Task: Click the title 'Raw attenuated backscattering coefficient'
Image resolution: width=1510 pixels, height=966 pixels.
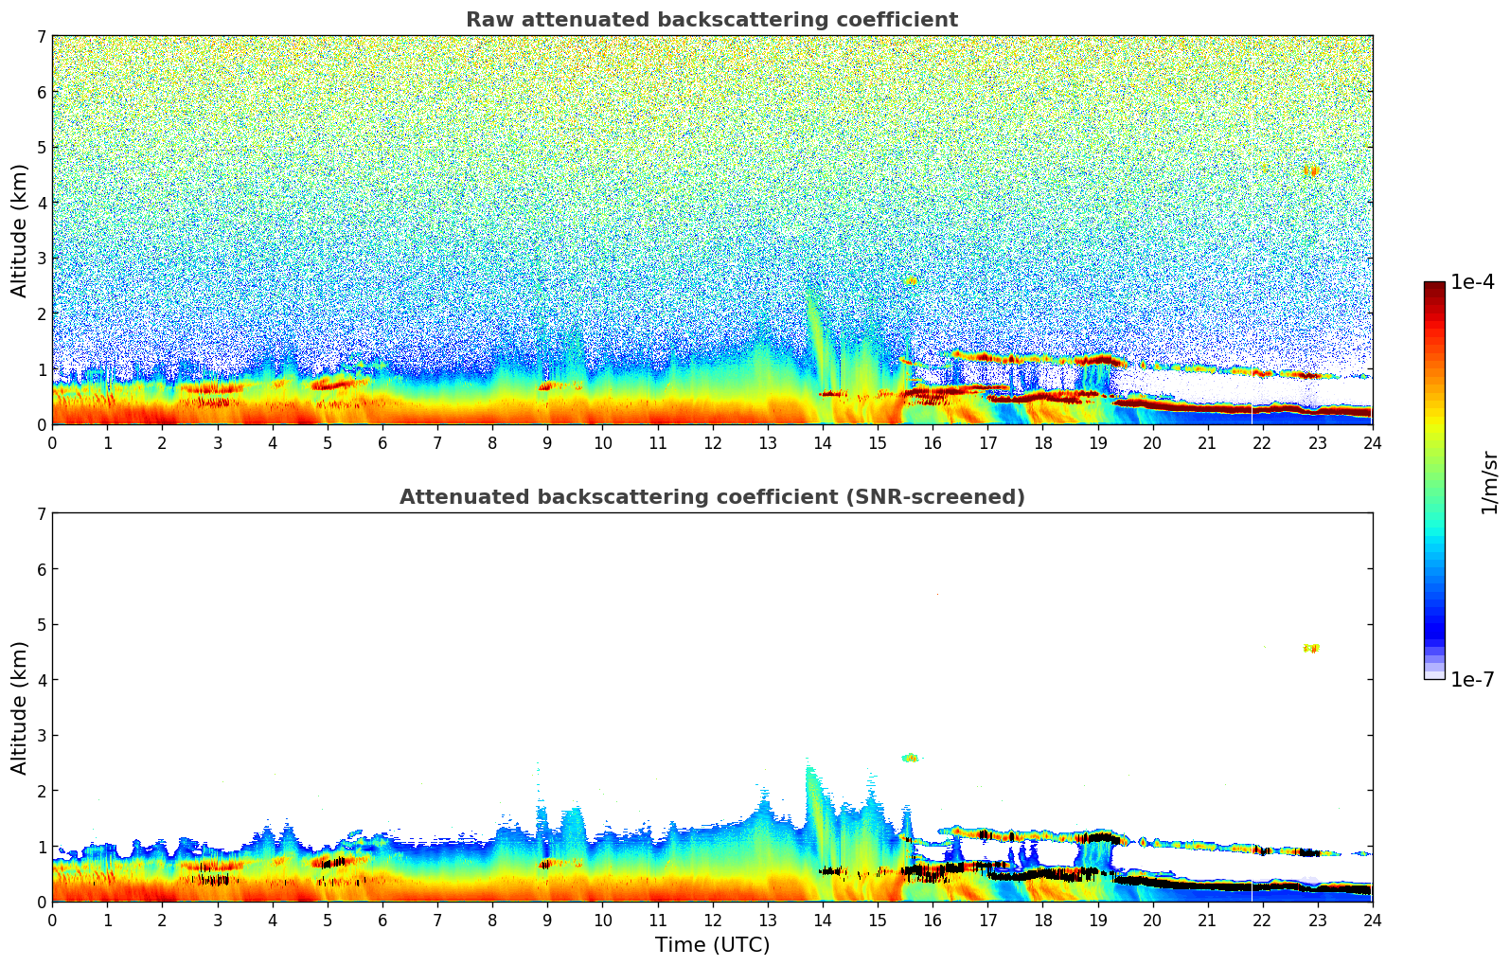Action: coord(711,20)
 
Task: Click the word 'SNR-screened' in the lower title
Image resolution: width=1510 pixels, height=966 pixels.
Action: coord(947,497)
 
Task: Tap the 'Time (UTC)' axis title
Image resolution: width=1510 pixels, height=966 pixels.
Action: coord(712,945)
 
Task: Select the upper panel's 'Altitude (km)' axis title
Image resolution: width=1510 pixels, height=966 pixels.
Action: coord(20,230)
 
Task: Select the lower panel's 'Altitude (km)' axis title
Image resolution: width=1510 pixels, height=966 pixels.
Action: coord(20,707)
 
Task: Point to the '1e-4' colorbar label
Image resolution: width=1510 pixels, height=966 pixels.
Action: coord(1472,282)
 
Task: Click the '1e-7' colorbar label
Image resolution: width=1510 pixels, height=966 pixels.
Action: coord(1472,679)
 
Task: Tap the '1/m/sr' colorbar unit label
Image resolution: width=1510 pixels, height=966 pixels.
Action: coord(1489,481)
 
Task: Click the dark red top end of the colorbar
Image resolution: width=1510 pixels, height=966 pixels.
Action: coord(1434,286)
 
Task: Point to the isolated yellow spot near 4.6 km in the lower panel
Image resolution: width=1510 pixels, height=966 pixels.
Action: coord(1311,648)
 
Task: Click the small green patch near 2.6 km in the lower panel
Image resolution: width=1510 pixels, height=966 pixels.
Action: coord(910,758)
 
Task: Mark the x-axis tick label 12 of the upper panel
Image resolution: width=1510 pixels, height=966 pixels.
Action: coord(712,442)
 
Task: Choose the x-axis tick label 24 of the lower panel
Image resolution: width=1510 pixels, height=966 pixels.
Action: coord(1372,920)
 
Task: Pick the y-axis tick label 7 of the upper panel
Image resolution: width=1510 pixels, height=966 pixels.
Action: coord(42,37)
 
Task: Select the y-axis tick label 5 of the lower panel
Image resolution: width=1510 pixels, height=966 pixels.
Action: coord(42,625)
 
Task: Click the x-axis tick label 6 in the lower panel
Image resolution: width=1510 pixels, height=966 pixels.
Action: coord(382,920)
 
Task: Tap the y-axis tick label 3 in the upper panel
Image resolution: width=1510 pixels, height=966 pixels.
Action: coord(42,259)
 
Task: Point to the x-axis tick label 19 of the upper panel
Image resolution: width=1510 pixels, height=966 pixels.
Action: coord(1097,442)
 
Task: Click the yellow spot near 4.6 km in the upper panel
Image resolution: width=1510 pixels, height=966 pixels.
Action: coord(1311,171)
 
